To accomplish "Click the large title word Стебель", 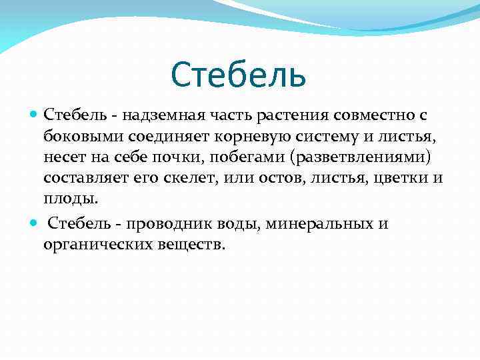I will coord(239,74).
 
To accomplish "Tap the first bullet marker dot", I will coord(35,115).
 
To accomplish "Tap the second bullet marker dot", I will coord(35,223).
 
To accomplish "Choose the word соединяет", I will coord(173,137).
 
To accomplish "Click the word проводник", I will coord(167,223).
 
